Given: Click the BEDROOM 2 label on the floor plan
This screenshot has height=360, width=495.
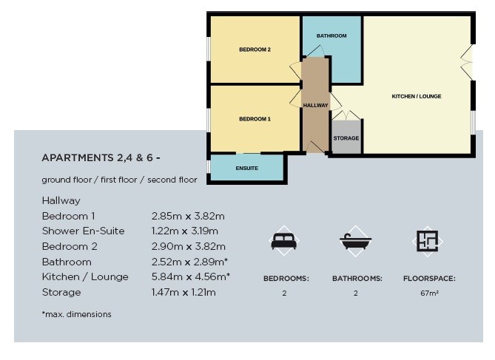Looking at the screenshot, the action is tap(255, 50).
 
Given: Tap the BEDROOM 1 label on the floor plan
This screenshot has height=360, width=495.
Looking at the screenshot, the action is tap(255, 119).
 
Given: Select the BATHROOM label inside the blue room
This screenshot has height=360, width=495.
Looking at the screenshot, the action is tap(331, 36).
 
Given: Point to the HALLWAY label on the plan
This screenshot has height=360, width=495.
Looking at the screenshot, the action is tap(316, 106).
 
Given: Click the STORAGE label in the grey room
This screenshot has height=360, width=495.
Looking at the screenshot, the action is tap(346, 138).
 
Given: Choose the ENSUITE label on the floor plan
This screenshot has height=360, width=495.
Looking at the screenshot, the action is tap(247, 169).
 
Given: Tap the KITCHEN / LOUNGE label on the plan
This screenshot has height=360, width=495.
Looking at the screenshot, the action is tap(417, 96).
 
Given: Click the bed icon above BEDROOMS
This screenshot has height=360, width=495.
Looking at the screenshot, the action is tap(284, 241).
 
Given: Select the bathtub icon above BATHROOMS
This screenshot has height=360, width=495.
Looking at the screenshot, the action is tap(355, 241).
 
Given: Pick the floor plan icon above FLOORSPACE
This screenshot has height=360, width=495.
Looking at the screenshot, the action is tap(427, 241).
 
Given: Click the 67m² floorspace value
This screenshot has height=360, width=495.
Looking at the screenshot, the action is tap(429, 293).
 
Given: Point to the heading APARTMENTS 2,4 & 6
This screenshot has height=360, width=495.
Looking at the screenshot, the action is tap(101, 157).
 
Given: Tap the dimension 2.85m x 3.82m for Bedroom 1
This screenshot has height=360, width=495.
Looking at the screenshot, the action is tap(188, 216).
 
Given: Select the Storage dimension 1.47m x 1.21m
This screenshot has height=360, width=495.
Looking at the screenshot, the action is tap(183, 292).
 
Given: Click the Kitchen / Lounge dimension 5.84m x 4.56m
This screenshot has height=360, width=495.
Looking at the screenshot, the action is tap(191, 276).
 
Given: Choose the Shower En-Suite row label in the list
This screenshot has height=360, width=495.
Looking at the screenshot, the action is tap(84, 231).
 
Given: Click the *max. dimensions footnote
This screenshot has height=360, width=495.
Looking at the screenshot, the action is tap(77, 314).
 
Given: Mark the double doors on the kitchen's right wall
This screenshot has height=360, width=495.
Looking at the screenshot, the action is tap(467, 62).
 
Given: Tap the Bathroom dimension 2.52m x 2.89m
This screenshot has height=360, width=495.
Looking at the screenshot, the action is tap(189, 262).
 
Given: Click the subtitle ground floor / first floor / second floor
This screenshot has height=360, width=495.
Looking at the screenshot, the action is tap(119, 180).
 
